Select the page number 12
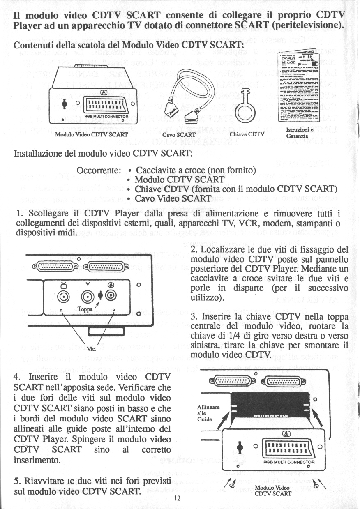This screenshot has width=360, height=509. [177, 498]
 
